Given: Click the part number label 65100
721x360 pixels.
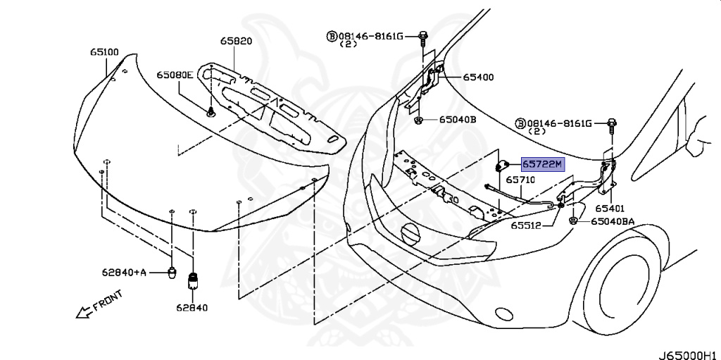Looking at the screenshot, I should point(104,52).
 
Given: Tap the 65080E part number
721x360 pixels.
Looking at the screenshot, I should point(175,75).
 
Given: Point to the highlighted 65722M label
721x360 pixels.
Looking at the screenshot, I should point(542,165).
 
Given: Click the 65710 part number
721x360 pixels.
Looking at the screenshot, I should point(522,180).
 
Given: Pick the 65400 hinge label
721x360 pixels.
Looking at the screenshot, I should point(478,77).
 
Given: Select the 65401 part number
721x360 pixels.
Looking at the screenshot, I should point(610,209).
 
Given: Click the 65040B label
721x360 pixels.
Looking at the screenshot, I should point(458,120).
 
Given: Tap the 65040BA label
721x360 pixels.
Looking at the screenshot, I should point(613,221).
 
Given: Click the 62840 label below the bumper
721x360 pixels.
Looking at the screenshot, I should point(193,307).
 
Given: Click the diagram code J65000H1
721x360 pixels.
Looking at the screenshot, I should point(689,352).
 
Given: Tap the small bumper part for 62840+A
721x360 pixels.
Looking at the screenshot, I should point(171,272).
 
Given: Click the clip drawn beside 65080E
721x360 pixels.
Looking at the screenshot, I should point(211,111).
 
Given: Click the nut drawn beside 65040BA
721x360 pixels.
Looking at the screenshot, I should point(575,221).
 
